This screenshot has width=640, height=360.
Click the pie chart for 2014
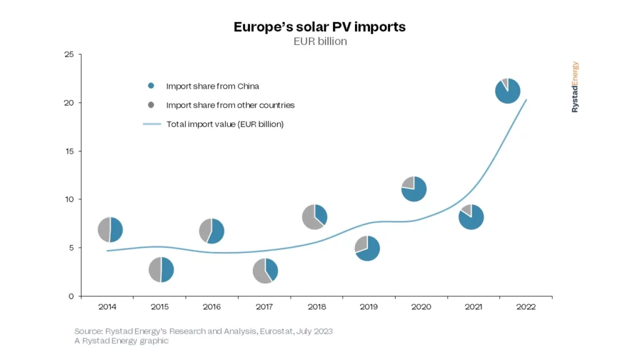110,229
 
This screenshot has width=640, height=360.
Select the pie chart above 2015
161,269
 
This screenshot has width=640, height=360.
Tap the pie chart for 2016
212,231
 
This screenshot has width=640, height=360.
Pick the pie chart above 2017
266,271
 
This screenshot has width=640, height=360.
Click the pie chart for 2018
314,217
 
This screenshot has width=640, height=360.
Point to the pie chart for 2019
367,248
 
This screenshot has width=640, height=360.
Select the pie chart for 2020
414,189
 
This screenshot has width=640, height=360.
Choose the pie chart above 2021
471,217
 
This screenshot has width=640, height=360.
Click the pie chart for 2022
507,91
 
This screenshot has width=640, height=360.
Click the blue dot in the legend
151,86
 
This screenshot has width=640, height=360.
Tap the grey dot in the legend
151,105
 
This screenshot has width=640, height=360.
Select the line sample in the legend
152,124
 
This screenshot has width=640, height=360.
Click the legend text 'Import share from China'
212,86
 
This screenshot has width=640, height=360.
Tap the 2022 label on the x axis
526,307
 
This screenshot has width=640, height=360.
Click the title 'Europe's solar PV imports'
319,27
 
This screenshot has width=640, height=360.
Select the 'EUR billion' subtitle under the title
320,41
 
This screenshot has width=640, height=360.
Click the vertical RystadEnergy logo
575,87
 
